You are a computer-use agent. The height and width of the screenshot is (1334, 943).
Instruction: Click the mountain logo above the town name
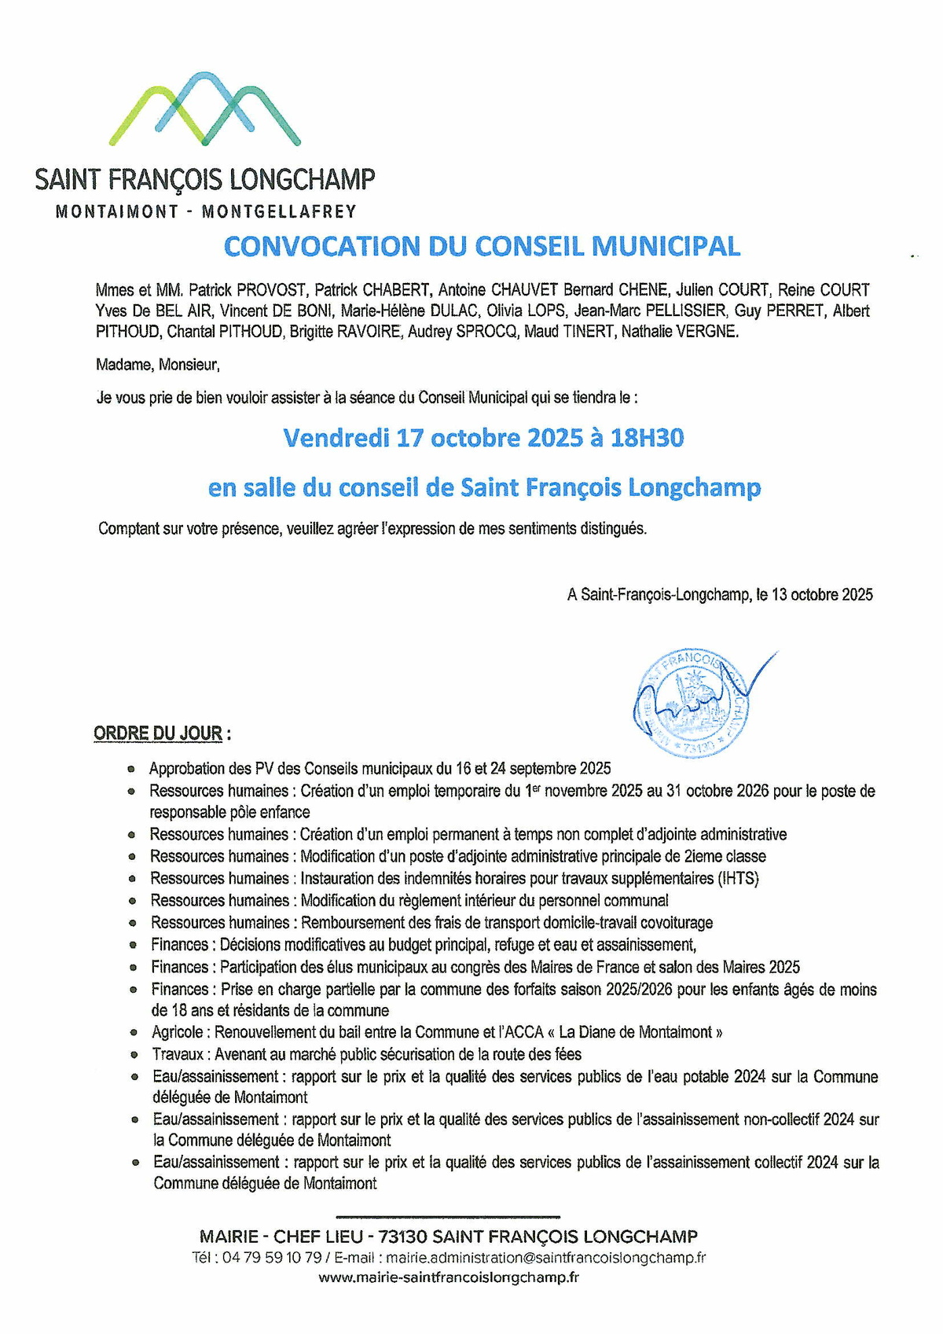pos(204,109)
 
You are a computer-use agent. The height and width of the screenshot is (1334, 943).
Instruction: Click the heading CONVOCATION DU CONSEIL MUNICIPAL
pos(482,247)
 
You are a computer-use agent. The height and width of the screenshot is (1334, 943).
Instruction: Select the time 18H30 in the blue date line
pos(647,437)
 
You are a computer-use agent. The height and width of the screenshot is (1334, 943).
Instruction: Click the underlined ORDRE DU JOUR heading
pos(158,733)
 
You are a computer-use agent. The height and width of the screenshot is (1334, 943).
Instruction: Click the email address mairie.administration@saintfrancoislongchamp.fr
pos(545,1258)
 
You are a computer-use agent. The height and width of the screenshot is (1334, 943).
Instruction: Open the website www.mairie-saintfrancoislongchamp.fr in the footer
pos(449,1277)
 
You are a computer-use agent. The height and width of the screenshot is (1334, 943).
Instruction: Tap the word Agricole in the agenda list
pos(177,1032)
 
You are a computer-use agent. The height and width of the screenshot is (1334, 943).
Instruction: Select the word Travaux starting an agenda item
pos(178,1054)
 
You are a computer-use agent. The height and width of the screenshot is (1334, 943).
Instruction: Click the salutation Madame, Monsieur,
pos(157,365)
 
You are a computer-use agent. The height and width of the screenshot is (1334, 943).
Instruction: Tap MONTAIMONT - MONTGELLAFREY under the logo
pos(206,211)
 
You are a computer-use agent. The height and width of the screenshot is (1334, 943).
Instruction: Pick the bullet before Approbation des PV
pos(130,769)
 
